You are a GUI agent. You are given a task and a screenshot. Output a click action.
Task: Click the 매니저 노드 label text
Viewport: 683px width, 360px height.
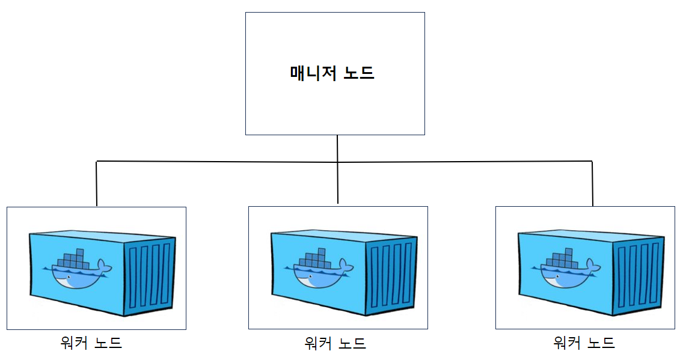tap(332, 73)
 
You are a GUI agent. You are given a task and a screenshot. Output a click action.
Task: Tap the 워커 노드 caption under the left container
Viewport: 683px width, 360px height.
tap(91, 343)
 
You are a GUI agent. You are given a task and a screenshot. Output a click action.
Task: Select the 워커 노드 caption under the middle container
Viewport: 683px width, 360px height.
tap(335, 343)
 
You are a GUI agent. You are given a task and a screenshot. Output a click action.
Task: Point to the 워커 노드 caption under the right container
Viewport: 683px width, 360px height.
tap(584, 343)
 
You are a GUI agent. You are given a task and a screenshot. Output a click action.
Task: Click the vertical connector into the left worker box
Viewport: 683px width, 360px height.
tap(97, 183)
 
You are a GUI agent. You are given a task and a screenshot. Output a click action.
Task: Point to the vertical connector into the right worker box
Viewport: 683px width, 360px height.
tap(592, 183)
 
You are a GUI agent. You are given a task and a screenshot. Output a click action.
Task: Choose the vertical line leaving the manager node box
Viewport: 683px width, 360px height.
tap(337, 148)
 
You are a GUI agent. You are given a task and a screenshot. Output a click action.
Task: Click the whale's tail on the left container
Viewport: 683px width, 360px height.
tap(103, 265)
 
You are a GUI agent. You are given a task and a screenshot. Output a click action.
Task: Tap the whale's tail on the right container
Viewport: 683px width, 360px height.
tap(592, 265)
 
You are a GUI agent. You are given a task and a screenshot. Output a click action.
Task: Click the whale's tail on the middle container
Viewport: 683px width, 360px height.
tap(345, 265)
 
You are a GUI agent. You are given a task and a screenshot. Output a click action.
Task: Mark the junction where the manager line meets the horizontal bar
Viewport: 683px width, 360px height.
tap(337, 162)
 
